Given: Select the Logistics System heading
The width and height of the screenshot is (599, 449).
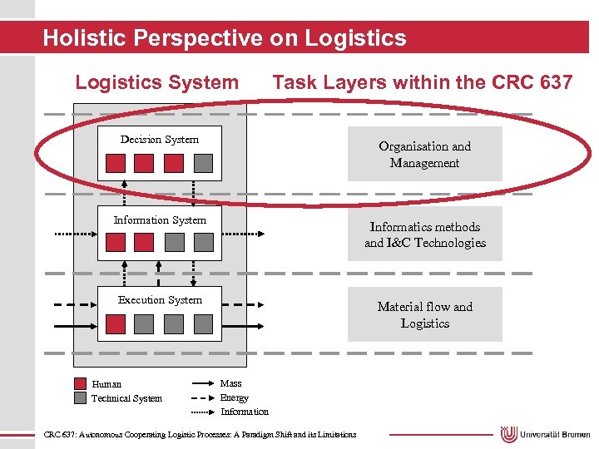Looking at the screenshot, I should [156, 82].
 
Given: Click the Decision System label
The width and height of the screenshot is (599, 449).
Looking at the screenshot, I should [160, 140].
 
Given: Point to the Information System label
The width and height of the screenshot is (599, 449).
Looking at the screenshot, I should [160, 220].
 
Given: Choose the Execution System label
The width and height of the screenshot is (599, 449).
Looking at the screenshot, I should [160, 300].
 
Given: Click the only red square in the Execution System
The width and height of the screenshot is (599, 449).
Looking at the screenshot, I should [116, 323].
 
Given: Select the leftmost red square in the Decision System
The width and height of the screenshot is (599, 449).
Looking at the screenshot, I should [116, 162].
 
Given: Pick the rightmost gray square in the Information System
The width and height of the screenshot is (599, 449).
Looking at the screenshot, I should [203, 243].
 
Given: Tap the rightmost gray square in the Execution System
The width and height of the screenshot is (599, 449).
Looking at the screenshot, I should [203, 323].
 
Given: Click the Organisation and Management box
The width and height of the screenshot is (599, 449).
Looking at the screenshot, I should [424, 154].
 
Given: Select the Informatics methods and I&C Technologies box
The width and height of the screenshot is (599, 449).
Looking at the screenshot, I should [424, 234].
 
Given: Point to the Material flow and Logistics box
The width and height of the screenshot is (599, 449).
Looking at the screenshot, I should [424, 314].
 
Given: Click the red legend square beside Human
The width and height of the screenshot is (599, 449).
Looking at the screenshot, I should [80, 384].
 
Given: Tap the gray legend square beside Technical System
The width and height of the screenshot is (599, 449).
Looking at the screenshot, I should [80, 397].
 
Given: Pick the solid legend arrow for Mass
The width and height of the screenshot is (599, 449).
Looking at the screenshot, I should [203, 384].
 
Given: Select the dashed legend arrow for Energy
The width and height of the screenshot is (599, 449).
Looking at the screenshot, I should [203, 398].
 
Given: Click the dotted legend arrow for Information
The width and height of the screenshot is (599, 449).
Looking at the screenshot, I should [203, 412].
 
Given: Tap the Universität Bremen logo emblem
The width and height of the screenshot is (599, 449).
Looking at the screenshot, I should [509, 434].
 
